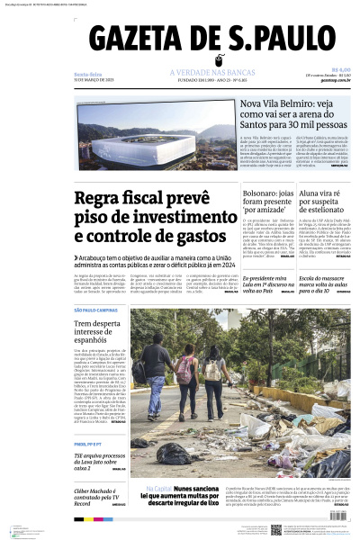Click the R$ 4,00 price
(x=340, y=68)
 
